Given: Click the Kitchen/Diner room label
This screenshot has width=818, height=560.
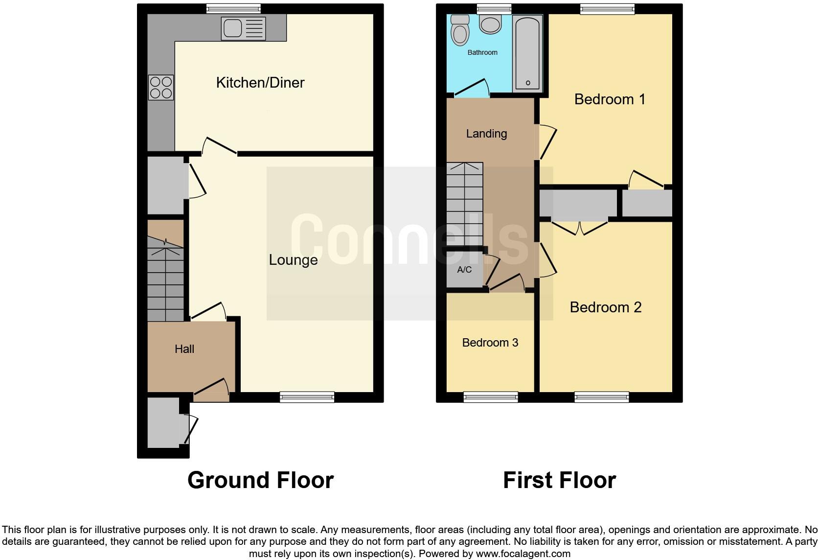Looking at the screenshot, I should pos(260,83).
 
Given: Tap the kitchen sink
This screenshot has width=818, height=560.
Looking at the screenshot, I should pos(243,28).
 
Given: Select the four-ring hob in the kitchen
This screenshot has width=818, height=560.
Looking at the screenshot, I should pos(161,88).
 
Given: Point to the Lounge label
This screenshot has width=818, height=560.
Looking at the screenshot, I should pos(293,260).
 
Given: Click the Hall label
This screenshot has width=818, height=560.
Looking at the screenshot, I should pos(184,349).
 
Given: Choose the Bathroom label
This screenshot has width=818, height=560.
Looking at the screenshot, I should pos(482,52).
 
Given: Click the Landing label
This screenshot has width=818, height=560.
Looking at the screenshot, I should pos(486,134).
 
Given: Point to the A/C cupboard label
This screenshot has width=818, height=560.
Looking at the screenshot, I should pos(464,270).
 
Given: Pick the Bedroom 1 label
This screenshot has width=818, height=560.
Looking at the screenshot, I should pos(610,99).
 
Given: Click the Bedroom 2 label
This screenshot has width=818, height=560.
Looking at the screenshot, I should pos(606,307).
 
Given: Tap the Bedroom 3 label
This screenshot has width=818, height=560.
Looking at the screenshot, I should pos(490,343).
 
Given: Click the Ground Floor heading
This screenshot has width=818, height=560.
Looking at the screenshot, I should pos(260,480).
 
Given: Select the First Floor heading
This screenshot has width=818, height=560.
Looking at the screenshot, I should pos(559,480).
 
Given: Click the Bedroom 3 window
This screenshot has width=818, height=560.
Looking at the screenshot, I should pos(491,397).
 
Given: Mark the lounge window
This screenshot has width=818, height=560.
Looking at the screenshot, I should pos(307,397).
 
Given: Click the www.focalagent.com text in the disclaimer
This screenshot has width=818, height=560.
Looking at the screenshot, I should pos(523,554).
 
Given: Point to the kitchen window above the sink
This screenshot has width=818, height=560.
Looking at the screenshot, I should pos(233,8).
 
